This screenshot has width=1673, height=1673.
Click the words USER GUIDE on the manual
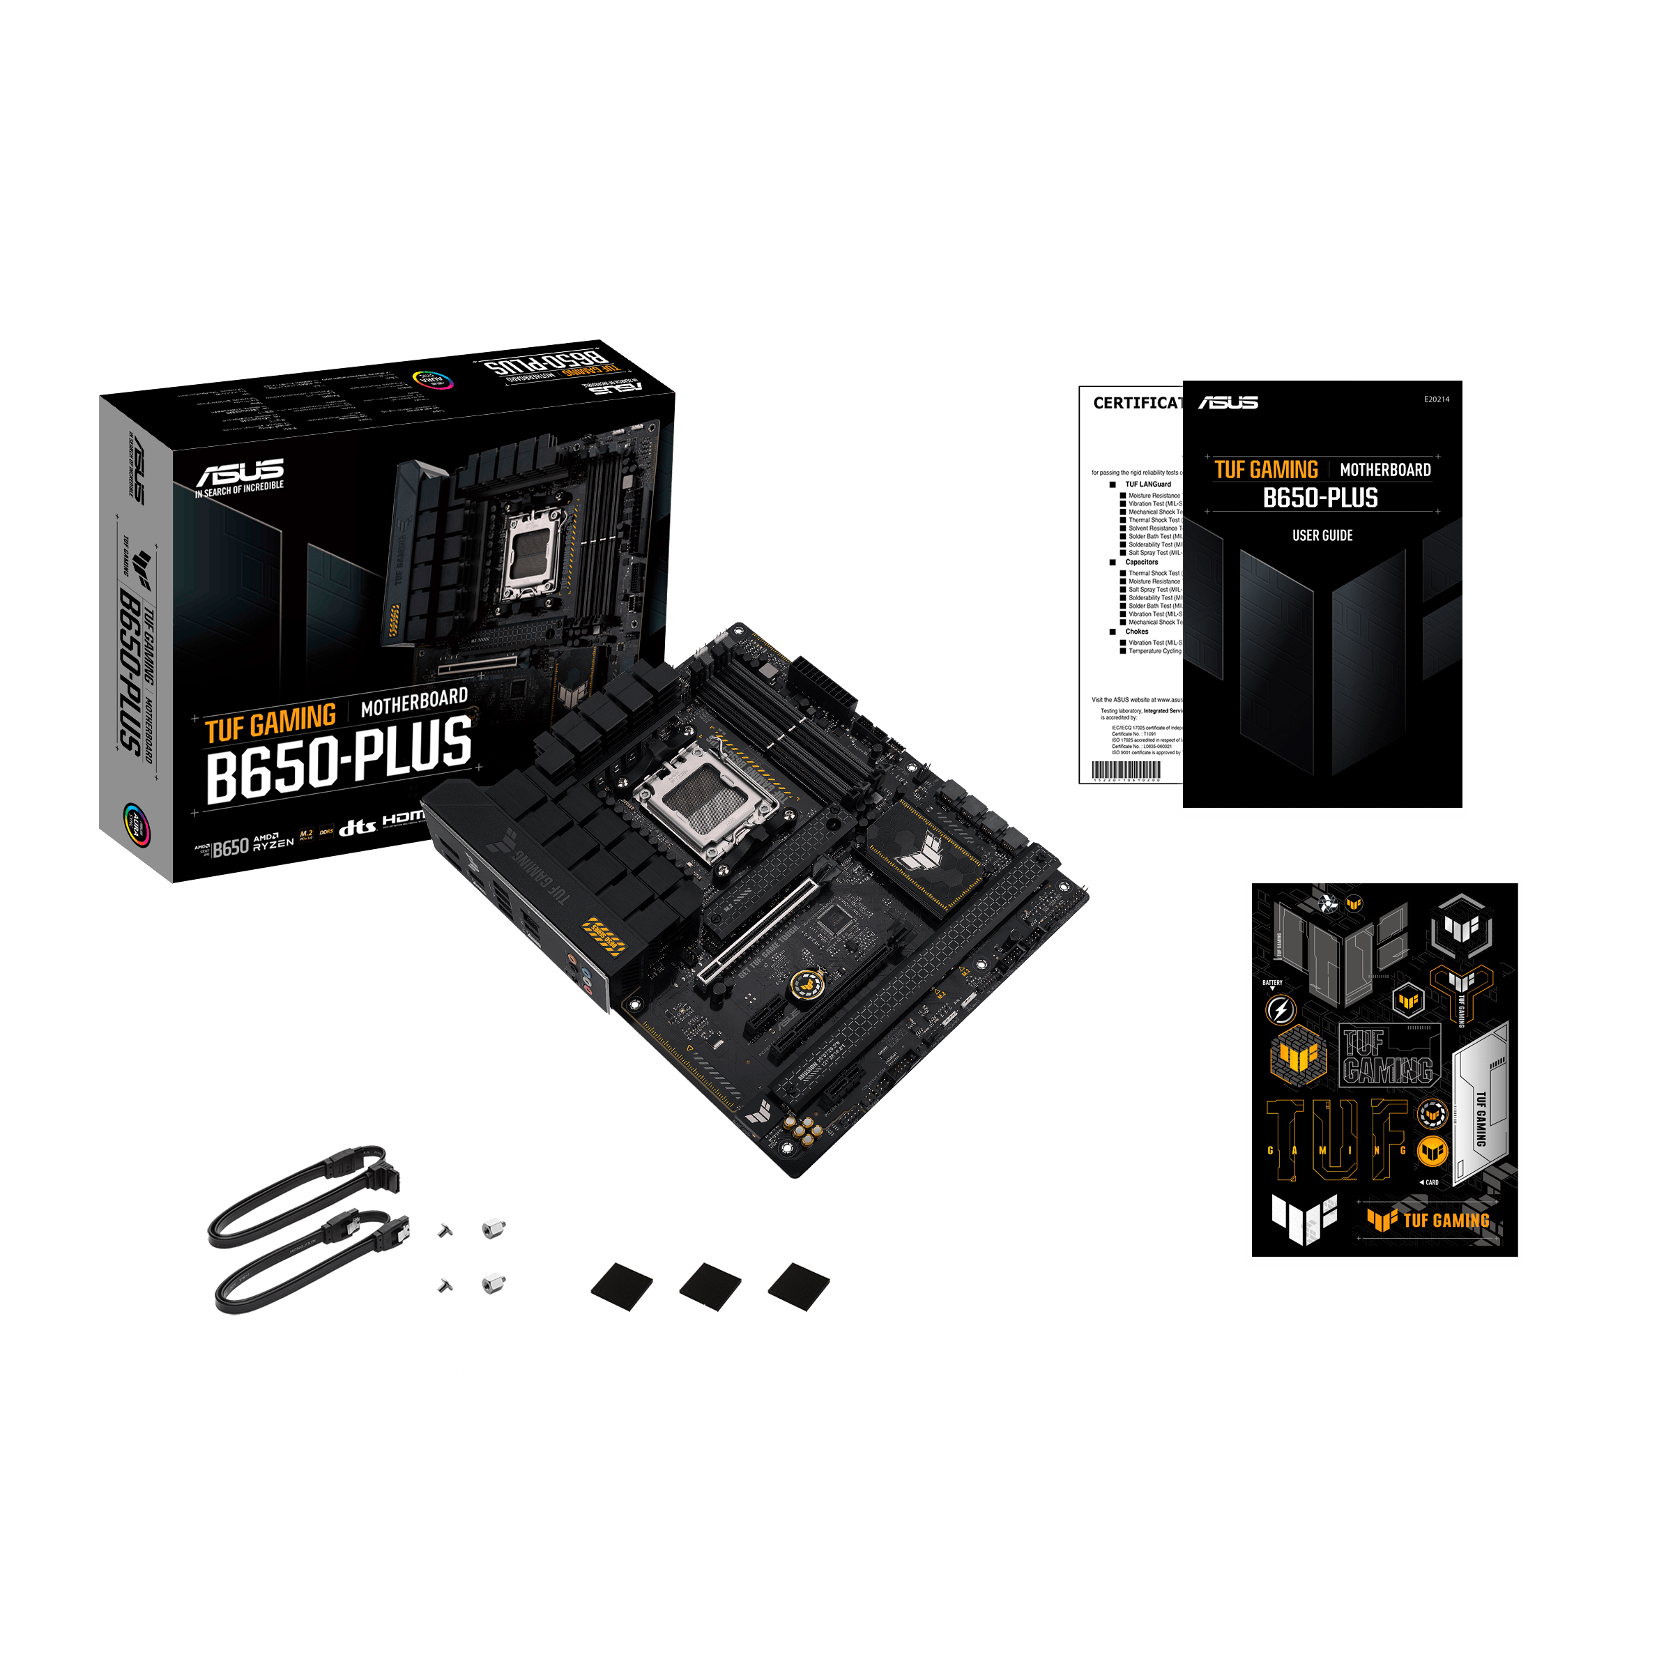[x=1322, y=535]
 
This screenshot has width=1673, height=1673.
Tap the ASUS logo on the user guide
[x=1228, y=403]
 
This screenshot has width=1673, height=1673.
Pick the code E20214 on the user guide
[x=1437, y=399]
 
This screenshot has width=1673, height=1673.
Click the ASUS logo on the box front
[x=240, y=474]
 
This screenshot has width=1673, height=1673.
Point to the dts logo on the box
[x=357, y=827]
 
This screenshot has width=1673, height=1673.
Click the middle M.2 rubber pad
[x=710, y=1287]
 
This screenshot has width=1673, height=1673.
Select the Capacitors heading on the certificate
[x=1141, y=562]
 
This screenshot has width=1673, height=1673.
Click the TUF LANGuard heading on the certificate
[x=1147, y=484]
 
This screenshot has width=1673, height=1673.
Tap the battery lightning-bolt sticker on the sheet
[x=1281, y=1009]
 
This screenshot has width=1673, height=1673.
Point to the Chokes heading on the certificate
[x=1136, y=632]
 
